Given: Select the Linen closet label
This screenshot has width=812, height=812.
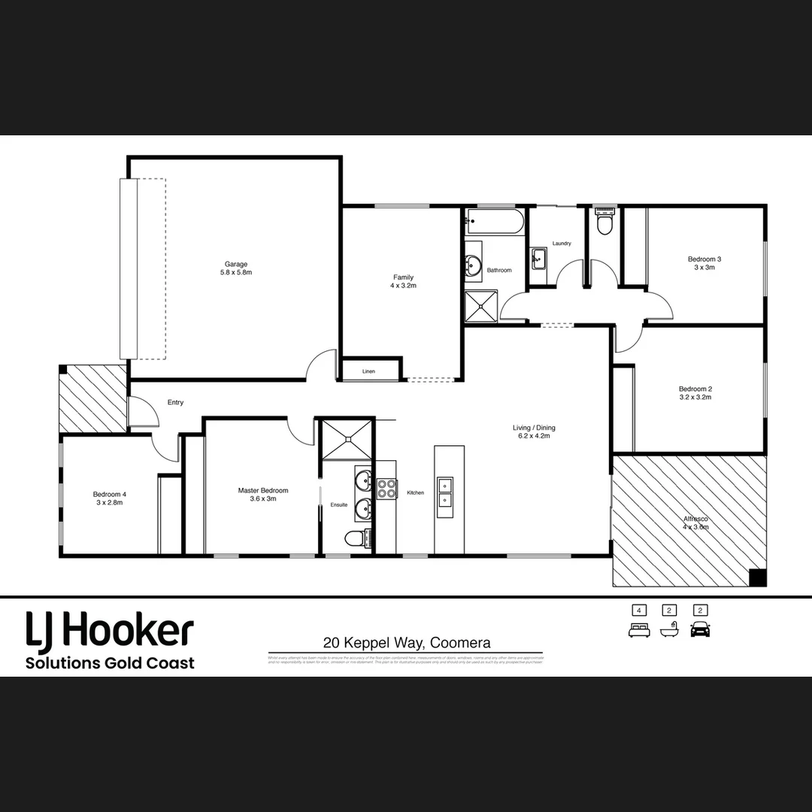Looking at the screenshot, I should (x=368, y=371).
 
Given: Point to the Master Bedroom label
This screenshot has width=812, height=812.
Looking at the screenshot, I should (x=263, y=491).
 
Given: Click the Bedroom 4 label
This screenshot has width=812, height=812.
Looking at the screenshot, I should (x=110, y=494).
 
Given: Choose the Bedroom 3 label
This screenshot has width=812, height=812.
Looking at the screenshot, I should (x=704, y=259).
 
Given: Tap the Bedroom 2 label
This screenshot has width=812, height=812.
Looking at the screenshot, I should (x=695, y=389).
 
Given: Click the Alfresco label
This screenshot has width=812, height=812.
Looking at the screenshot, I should (x=695, y=520).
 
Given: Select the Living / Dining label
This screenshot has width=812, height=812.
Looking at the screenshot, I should (x=534, y=428).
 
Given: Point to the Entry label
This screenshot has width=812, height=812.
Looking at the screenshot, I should (x=175, y=403).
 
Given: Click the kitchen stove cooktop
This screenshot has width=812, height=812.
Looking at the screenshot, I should (x=386, y=489).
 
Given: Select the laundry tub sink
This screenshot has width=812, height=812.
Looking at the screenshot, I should (x=538, y=259).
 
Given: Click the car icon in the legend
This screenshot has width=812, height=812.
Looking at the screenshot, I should (x=700, y=629).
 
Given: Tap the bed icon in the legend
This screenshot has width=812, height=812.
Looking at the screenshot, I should (x=639, y=629).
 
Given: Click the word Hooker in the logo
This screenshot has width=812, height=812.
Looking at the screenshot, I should (x=128, y=631).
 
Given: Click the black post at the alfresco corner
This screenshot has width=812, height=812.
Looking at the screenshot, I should (x=758, y=577).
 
